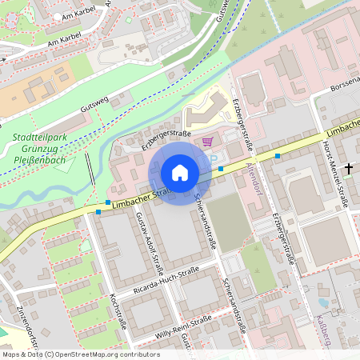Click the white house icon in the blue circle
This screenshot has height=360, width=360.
[x=180, y=173]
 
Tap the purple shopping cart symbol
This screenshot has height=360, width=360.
[x=208, y=142]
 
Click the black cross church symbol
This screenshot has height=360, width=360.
[x=348, y=169]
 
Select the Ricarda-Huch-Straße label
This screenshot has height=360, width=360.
[x=166, y=282]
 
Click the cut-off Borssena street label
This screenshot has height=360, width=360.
[x=344, y=83]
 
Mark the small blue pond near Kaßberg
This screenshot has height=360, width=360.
[x=323, y=303]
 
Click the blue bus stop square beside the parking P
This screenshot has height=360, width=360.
[x=221, y=169]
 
